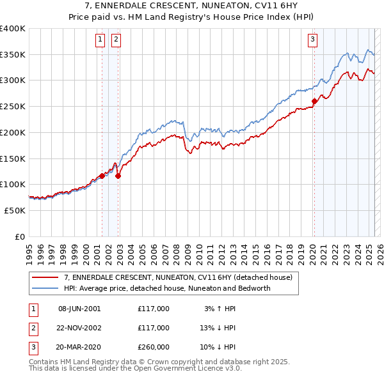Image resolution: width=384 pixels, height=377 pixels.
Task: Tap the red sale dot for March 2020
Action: point(314,101)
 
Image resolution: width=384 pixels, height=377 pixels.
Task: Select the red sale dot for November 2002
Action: point(118,176)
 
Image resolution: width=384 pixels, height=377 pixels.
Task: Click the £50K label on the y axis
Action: point(15,210)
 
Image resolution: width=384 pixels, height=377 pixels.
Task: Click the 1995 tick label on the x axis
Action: point(29,249)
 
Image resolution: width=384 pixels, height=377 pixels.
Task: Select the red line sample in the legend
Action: point(45,277)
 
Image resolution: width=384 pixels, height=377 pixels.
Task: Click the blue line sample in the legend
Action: point(45,288)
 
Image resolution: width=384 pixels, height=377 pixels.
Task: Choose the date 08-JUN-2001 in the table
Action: point(79,309)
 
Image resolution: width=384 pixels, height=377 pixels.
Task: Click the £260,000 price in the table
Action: point(154,347)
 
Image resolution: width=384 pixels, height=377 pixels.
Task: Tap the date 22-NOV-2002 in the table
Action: point(80,328)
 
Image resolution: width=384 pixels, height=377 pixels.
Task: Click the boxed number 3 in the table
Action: point(31,347)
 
